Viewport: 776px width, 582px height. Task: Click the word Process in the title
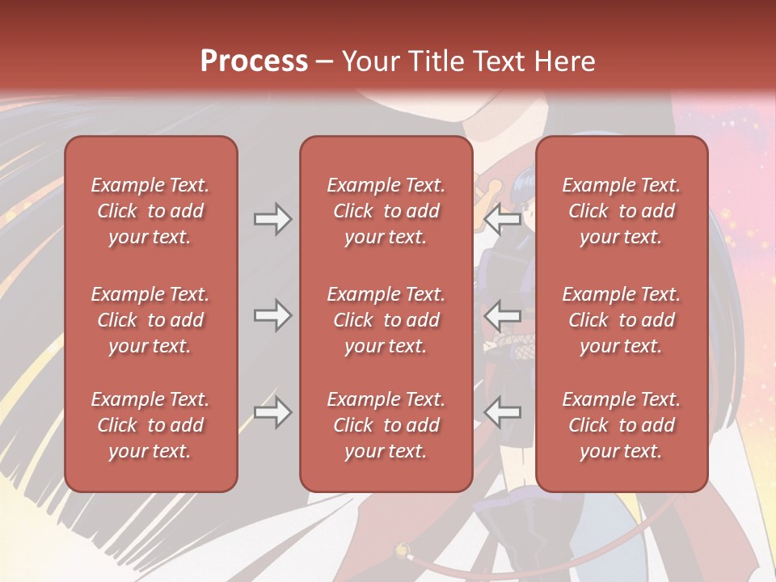click(x=254, y=61)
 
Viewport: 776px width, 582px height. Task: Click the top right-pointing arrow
click(x=272, y=218)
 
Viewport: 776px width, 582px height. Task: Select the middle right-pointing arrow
click(x=272, y=315)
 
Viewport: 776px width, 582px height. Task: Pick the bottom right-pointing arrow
click(x=272, y=413)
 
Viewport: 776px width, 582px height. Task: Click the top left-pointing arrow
click(x=503, y=218)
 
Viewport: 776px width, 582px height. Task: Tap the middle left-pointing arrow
click(x=503, y=315)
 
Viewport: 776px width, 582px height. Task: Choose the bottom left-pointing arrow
click(x=503, y=413)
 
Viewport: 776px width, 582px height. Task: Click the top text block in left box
click(x=150, y=211)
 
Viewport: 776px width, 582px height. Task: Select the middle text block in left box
click(x=150, y=320)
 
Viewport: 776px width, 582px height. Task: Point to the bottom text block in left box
click(x=150, y=425)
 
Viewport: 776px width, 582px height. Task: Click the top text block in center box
click(x=386, y=211)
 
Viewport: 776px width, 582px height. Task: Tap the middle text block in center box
click(x=386, y=320)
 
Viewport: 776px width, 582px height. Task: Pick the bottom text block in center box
click(x=386, y=425)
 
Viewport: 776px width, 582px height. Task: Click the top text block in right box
click(x=622, y=211)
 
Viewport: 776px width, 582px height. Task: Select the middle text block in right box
click(x=622, y=320)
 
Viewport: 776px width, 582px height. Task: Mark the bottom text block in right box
click(x=622, y=425)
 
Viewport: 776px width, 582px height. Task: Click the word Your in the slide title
click(x=369, y=61)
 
